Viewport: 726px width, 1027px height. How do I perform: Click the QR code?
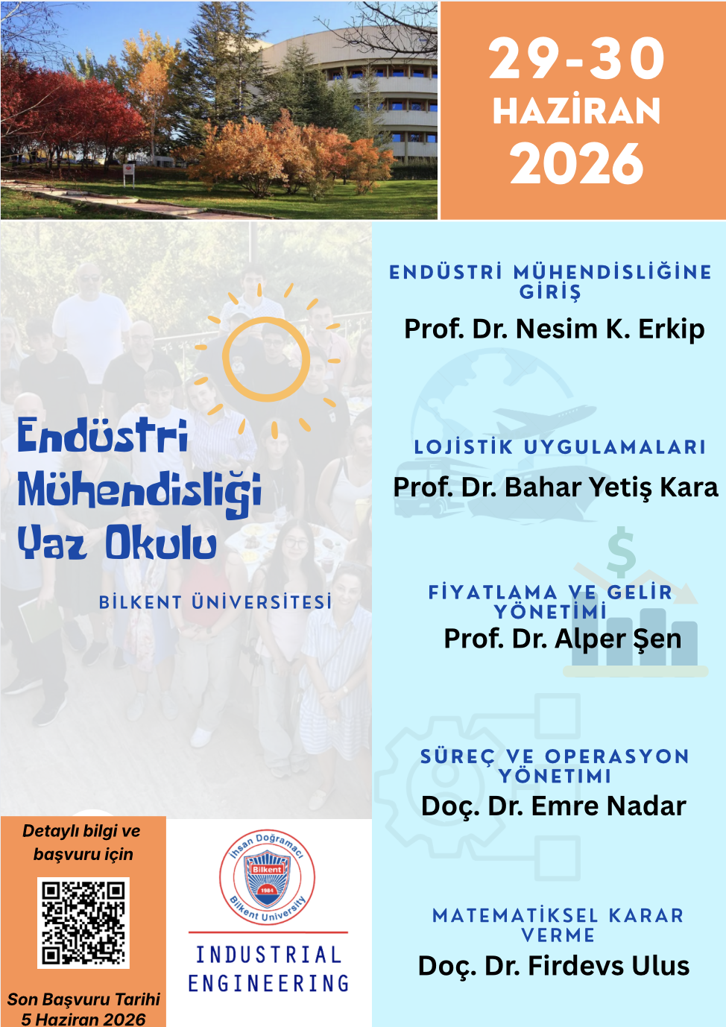coord(83,923)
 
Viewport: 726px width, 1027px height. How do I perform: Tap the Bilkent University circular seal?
coord(267,876)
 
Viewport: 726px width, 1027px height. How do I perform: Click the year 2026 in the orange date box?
coord(576,164)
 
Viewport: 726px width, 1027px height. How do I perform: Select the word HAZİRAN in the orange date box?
coord(576,110)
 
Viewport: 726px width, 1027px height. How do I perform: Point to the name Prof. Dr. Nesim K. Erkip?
coord(554,329)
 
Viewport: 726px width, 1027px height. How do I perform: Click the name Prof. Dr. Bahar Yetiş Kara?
coord(555,487)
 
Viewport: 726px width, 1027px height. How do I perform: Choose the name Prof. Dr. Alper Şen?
coord(562,639)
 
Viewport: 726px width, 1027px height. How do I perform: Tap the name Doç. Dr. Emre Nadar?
coord(554,806)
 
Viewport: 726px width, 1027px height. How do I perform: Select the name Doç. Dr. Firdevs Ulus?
coord(554,966)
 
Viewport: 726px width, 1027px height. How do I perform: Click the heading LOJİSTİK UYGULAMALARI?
coord(560,447)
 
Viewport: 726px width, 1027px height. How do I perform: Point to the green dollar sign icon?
coord(621,552)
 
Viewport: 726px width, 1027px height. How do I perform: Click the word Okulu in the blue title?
coord(161,543)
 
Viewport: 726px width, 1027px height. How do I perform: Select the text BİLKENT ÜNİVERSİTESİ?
coord(215,602)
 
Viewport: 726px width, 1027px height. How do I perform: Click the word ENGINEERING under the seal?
coord(268,984)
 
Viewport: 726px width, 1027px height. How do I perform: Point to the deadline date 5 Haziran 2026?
coord(83,1020)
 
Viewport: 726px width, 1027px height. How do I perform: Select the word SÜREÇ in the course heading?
coord(458,756)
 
